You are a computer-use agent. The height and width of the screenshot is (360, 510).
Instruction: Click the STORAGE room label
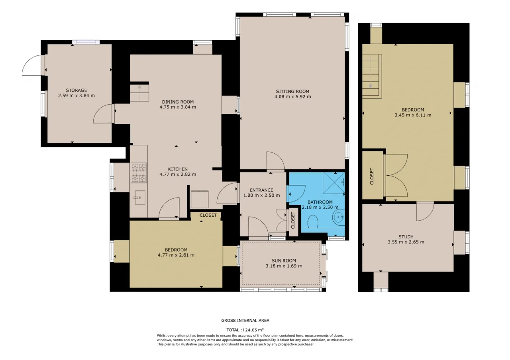coord(76,90)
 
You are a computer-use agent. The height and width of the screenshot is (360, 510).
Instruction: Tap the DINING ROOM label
coord(178,102)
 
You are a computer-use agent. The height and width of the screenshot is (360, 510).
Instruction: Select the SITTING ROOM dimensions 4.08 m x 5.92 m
coord(292,96)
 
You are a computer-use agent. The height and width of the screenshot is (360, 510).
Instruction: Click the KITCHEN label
coord(178,169)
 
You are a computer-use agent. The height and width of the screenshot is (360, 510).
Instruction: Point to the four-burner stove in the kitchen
coord(139,173)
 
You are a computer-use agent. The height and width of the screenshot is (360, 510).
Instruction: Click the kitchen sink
coord(140,198)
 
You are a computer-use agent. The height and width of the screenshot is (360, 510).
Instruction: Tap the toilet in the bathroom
coord(313,222)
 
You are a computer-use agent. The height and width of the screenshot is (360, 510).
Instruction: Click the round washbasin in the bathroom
coord(339,217)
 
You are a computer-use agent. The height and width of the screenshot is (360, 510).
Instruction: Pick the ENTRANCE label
coord(261,190)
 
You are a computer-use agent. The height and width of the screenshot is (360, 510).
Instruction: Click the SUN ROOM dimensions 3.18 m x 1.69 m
coord(284,266)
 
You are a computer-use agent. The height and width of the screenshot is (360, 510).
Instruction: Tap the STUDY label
coord(406,237)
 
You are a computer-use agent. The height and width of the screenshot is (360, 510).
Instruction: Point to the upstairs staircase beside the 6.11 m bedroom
coord(372,76)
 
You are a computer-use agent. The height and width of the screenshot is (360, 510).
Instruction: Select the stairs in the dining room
coord(139,92)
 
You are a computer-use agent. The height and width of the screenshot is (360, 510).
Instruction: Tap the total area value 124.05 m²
coord(253,330)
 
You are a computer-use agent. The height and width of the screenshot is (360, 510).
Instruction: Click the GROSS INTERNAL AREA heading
coord(245,321)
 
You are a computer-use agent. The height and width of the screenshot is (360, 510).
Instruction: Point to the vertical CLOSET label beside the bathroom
coord(293,221)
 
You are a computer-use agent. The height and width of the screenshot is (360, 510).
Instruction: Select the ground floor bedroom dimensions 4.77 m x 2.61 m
coord(176,255)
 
